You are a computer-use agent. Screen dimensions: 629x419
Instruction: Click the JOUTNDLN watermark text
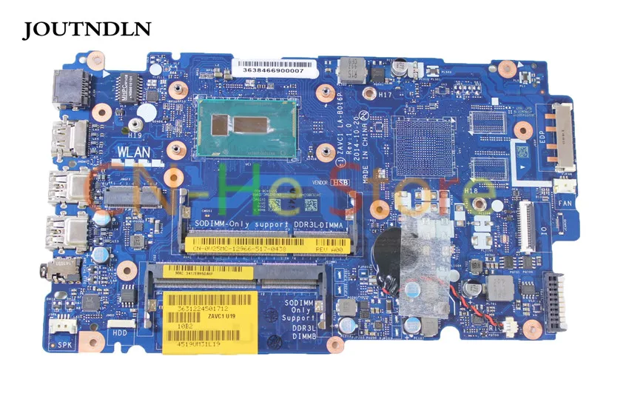(87, 29)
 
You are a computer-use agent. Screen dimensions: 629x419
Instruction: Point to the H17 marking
(385, 95)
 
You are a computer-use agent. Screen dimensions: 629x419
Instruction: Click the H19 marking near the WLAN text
(134, 135)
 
